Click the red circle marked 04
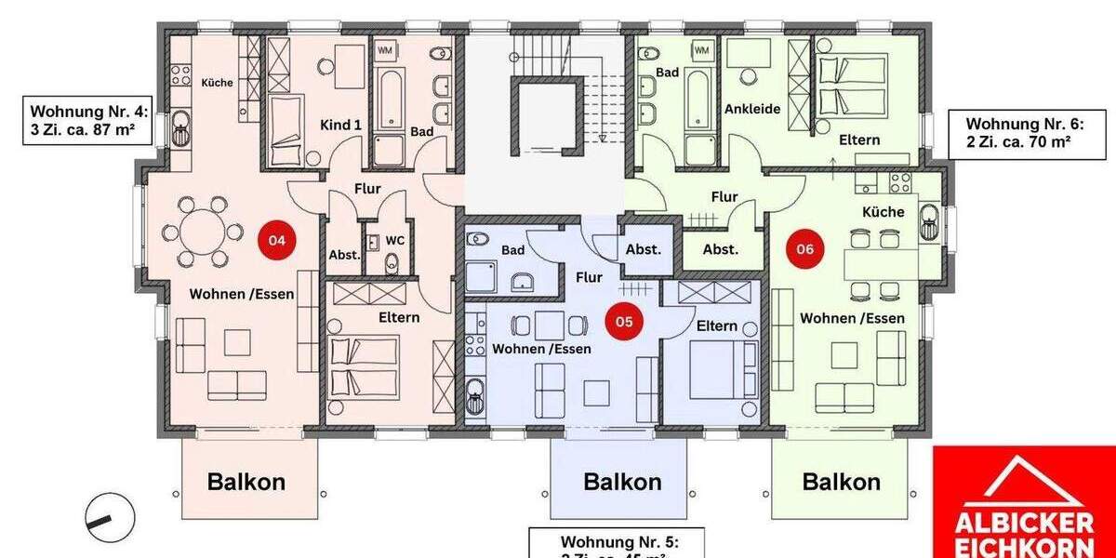pyautogui.click(x=277, y=240)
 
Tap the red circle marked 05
pyautogui.click(x=624, y=322)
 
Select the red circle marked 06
pyautogui.click(x=805, y=248)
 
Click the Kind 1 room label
pyautogui.click(x=340, y=125)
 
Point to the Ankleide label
pyautogui.click(x=752, y=109)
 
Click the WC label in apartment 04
pyautogui.click(x=395, y=240)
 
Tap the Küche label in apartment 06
pyautogui.click(x=883, y=212)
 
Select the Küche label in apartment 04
pyautogui.click(x=217, y=82)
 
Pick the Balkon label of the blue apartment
pyautogui.click(x=622, y=482)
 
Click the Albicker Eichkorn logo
pyautogui.click(x=1024, y=502)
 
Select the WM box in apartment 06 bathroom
pyautogui.click(x=701, y=49)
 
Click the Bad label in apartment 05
pyautogui.click(x=512, y=250)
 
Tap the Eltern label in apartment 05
pyautogui.click(x=717, y=325)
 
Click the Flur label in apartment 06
pyautogui.click(x=724, y=196)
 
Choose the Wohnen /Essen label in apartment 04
pyautogui.click(x=242, y=294)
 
